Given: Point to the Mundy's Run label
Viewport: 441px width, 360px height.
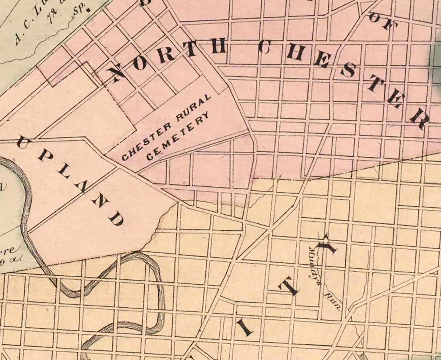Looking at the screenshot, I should tap(324, 278).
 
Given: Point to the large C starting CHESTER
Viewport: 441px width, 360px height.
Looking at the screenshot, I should tap(264, 47).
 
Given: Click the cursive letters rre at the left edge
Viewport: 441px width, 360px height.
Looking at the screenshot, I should tap(8, 250).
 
